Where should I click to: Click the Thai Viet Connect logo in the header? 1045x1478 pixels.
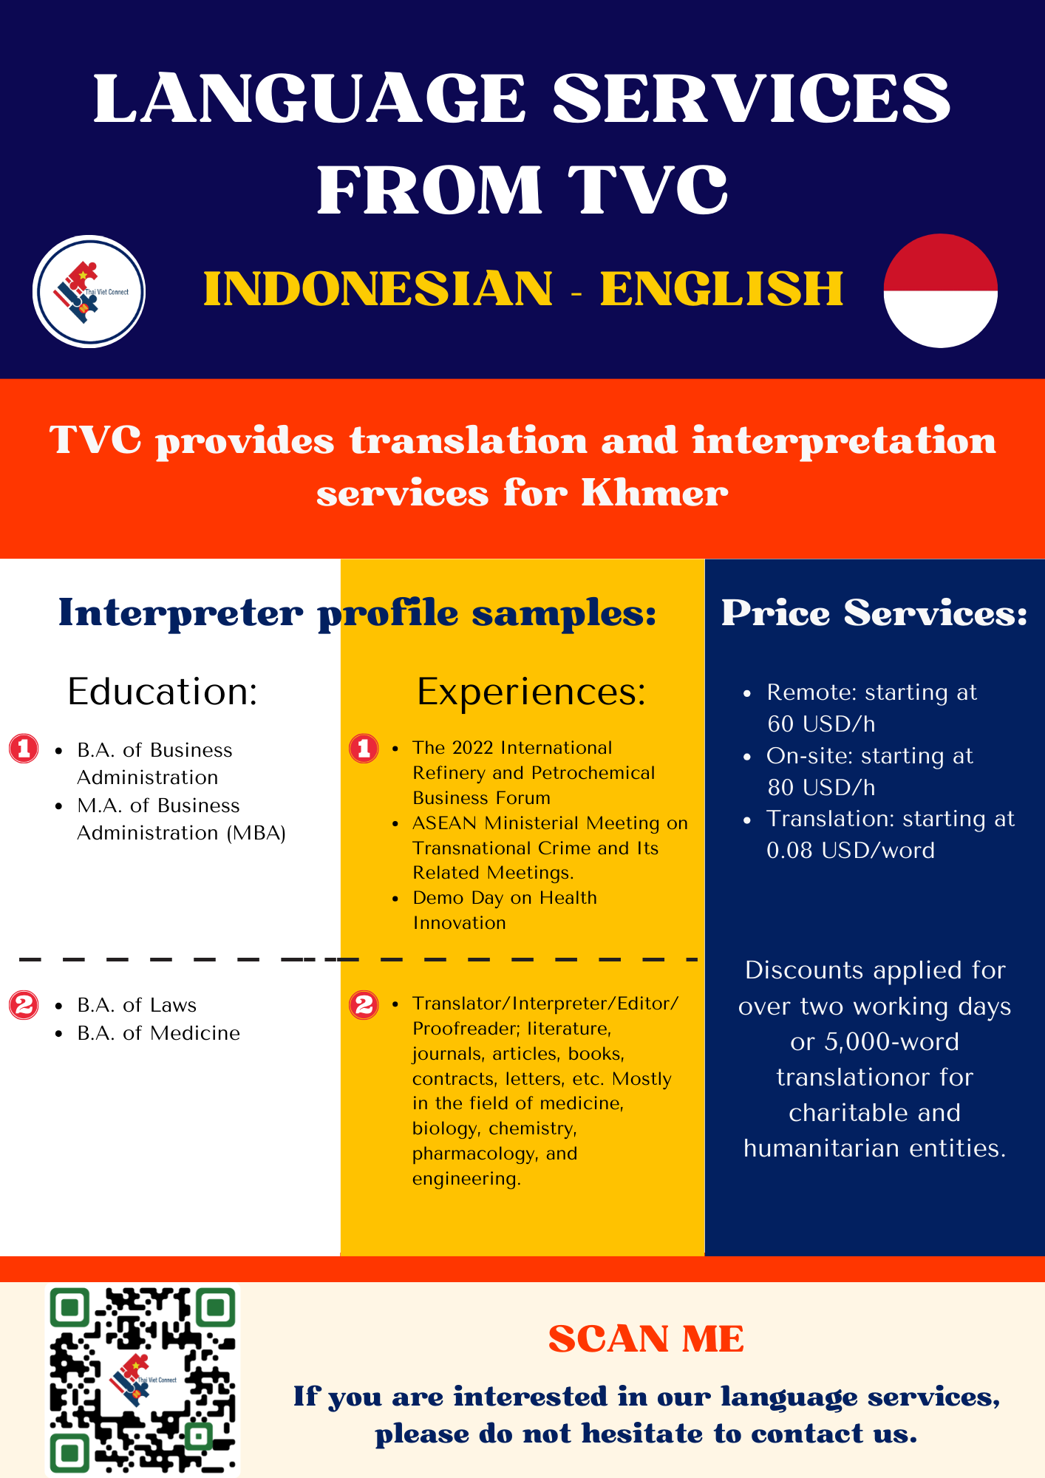pos(89,291)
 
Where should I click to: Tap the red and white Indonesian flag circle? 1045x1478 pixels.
pos(941,290)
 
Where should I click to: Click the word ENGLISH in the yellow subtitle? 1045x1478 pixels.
pos(721,288)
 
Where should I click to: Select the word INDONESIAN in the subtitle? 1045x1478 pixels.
pos(378,288)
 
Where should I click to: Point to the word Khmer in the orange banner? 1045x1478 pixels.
pos(655,493)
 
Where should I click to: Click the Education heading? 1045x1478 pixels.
pos(163,692)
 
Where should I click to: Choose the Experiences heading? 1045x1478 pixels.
pos(531,692)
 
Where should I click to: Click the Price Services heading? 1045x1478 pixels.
pos(874,613)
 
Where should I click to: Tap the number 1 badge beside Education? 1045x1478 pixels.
pos(24,749)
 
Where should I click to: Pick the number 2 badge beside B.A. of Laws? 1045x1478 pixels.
pos(24,1005)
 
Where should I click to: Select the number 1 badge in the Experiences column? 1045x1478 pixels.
pos(364,749)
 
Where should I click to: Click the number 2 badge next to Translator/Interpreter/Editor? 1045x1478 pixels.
pos(364,1005)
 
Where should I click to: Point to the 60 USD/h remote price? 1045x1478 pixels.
pos(821,723)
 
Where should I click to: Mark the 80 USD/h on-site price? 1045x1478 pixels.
pos(821,787)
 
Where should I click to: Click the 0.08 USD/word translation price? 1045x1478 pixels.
pos(851,851)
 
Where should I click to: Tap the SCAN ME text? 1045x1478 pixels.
pos(647,1339)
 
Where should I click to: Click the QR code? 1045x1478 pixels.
pos(143,1380)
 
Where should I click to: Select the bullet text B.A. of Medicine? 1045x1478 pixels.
pos(159,1033)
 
